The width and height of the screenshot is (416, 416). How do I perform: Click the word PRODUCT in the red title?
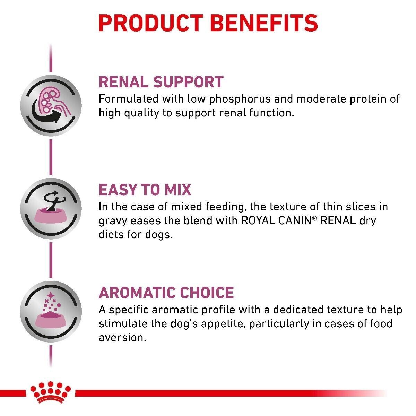(151, 23)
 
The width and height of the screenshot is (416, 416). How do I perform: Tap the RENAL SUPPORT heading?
(161, 82)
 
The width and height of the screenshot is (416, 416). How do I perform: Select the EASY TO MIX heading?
(145, 190)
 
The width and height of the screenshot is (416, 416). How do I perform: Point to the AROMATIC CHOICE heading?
(166, 293)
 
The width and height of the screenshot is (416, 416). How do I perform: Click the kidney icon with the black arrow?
(51, 106)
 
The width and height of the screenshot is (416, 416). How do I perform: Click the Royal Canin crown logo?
(51, 392)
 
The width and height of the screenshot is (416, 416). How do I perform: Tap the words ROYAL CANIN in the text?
(276, 220)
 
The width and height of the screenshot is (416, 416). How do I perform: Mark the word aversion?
(122, 337)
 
